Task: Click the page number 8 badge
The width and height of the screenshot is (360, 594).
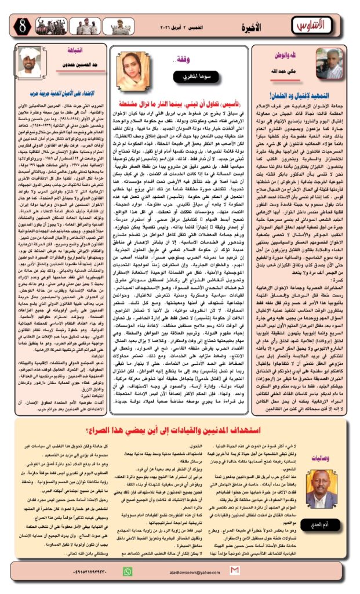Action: (19, 27)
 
